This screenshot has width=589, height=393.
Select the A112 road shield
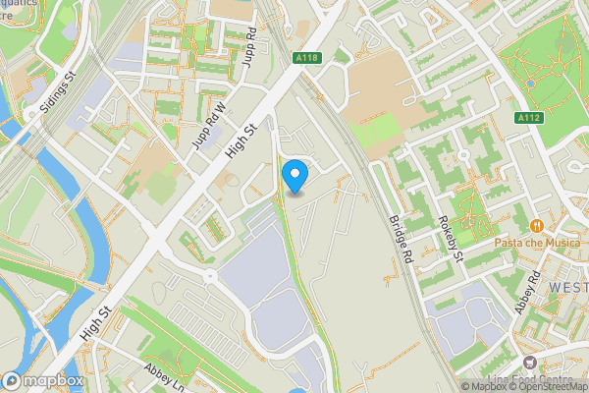click(530, 117)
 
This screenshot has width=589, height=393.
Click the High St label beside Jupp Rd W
click(240, 135)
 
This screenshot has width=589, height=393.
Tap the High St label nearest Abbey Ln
click(97, 322)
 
